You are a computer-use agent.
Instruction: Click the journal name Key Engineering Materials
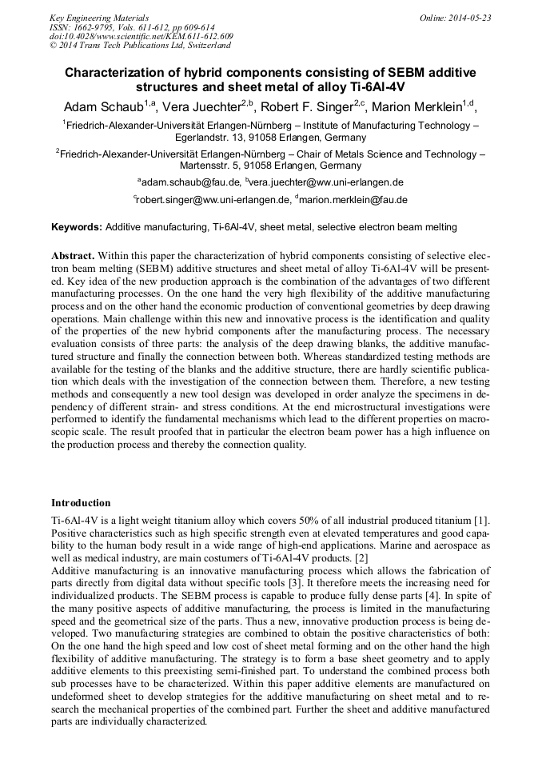pos(99,18)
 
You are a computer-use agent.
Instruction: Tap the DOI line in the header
pos(141,37)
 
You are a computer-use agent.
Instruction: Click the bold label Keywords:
pos(77,227)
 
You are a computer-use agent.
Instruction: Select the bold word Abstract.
pos(73,254)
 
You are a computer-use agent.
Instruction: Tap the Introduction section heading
pos(81,503)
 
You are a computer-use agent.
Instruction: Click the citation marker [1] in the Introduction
pos(480,522)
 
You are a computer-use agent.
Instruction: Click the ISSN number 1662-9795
pos(96,27)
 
